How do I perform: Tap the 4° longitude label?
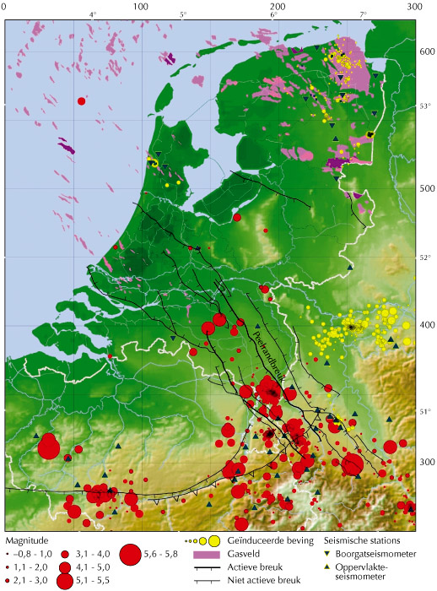pos(93,15)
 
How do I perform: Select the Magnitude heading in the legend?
pos(26,538)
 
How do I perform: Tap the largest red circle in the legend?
pos(131,554)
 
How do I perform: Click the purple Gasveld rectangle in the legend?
pos(202,554)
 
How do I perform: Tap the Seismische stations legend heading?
pos(363,539)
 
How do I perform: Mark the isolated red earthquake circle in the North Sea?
pos(82,101)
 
